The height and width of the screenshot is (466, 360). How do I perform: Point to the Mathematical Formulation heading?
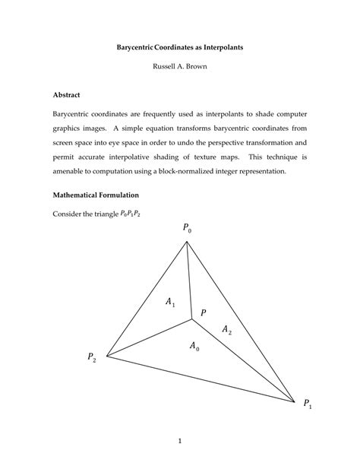(x=106, y=195)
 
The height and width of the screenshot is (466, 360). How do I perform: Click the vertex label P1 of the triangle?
(x=308, y=404)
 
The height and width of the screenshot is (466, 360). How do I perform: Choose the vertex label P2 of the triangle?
(x=92, y=357)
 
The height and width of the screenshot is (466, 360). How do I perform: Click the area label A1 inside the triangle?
(x=171, y=303)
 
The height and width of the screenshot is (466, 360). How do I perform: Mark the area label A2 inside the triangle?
(x=226, y=329)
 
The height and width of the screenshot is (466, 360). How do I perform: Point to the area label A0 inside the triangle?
(x=194, y=347)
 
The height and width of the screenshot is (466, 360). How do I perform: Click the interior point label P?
(x=203, y=312)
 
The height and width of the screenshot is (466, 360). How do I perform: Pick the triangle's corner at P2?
(x=106, y=355)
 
